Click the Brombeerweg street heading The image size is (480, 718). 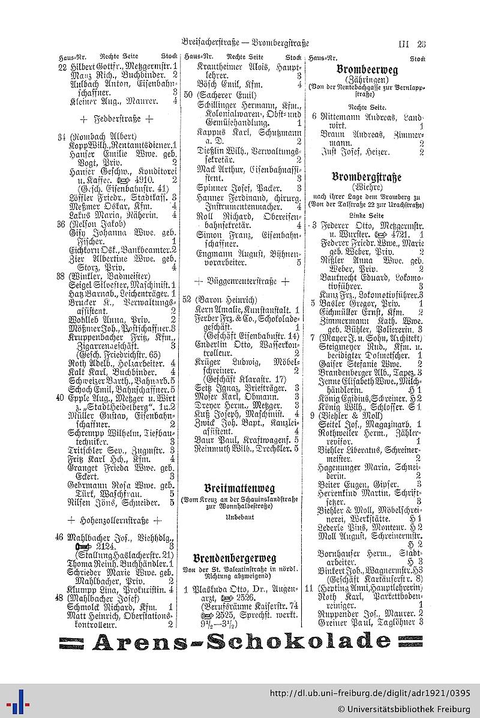(x=367, y=70)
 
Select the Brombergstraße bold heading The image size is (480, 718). (x=366, y=177)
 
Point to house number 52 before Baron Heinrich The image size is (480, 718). (x=187, y=299)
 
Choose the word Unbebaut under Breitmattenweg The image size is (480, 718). (x=239, y=516)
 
